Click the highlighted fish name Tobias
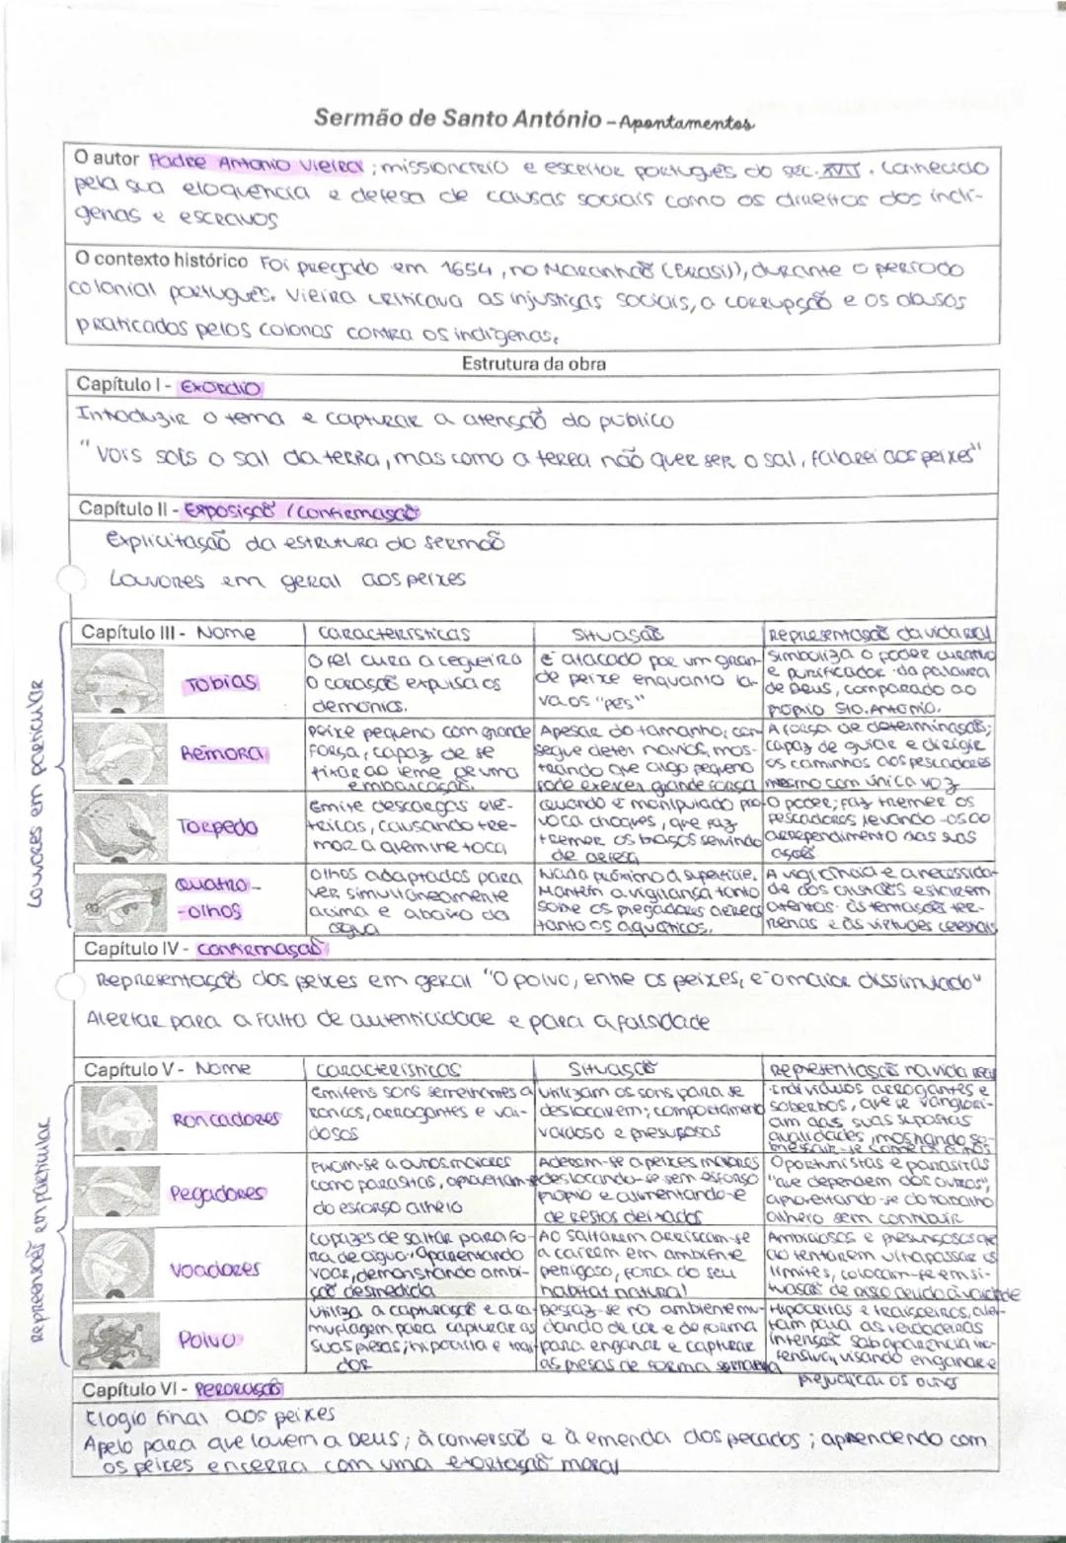[x=221, y=682]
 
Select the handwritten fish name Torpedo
[x=218, y=826]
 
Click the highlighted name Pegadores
[x=217, y=1193]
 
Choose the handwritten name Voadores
[x=215, y=1269]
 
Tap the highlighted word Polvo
[x=207, y=1340]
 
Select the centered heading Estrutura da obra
[x=534, y=363]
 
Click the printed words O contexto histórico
[x=162, y=261]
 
